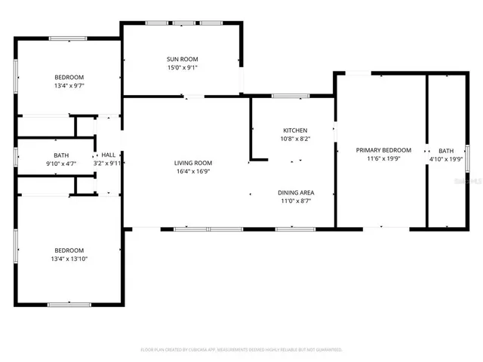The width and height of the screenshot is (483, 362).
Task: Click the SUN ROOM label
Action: tap(182, 59)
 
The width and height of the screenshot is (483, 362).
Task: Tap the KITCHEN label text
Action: tap(294, 130)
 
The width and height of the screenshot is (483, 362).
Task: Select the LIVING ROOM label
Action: tap(193, 163)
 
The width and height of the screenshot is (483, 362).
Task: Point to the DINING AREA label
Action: tap(295, 192)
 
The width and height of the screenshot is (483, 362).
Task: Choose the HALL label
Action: tap(109, 155)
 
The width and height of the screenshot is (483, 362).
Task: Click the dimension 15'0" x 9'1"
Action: tap(182, 67)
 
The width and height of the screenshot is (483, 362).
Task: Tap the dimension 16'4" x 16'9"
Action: tap(193, 171)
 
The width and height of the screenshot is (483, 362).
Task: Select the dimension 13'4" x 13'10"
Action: tap(69, 259)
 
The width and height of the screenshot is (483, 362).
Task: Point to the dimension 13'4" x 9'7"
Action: tap(69, 85)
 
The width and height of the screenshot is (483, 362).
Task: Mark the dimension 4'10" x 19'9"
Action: tap(447, 158)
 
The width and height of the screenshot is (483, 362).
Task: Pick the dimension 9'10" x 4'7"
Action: tap(61, 163)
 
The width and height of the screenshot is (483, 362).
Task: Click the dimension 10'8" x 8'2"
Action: tap(294, 139)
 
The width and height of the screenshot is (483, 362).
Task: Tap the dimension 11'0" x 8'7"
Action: tap(295, 201)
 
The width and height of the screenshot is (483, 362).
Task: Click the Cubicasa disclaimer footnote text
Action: tap(241, 349)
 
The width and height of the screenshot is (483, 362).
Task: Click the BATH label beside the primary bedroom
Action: tap(447, 150)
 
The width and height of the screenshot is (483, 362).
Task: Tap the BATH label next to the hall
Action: tap(61, 155)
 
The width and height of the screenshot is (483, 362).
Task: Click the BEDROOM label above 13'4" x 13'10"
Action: tap(69, 250)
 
